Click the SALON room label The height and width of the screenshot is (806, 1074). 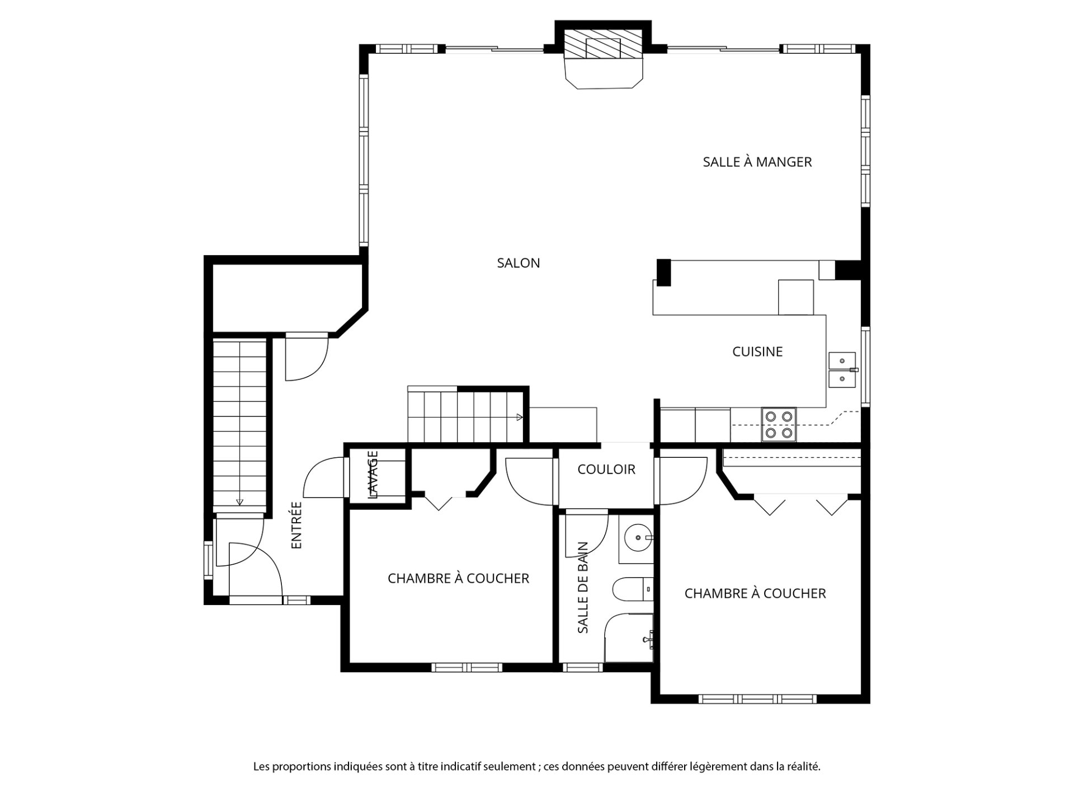click(519, 263)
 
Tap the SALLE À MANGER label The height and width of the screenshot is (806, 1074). click(757, 162)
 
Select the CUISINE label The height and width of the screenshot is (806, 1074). click(757, 352)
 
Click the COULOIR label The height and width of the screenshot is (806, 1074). click(606, 469)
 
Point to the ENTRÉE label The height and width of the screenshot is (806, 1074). click(296, 525)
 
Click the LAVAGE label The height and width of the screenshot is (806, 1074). click(373, 475)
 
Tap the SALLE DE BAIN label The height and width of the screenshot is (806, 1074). click(583, 588)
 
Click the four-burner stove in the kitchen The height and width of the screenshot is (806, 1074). click(779, 424)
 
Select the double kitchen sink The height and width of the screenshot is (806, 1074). click(842, 370)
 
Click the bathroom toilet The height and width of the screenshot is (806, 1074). click(633, 589)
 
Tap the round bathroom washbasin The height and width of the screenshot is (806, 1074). click(637, 538)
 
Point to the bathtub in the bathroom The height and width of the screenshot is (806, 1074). click(629, 638)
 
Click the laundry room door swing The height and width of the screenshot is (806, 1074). click(323, 477)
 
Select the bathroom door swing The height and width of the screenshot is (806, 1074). click(586, 533)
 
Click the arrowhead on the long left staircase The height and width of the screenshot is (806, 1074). click(239, 502)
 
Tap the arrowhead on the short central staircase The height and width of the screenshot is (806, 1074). click(520, 417)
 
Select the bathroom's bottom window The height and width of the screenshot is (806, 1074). click(583, 667)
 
